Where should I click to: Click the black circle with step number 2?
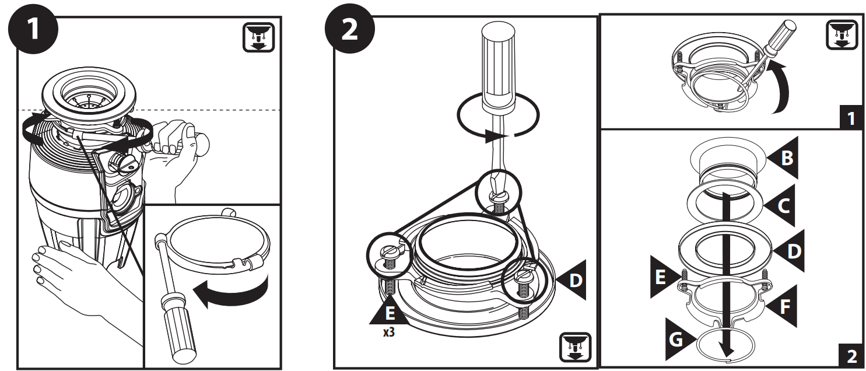point(348,29)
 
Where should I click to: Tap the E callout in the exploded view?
point(663,278)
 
